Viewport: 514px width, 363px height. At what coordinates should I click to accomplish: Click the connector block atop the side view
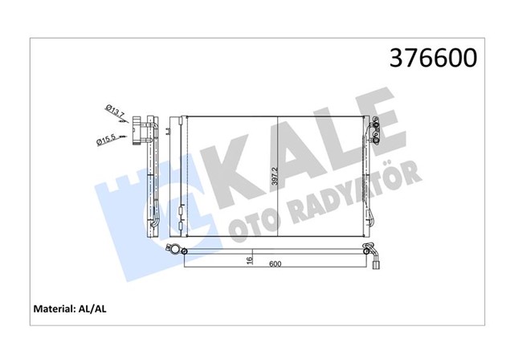[x=144, y=128]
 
